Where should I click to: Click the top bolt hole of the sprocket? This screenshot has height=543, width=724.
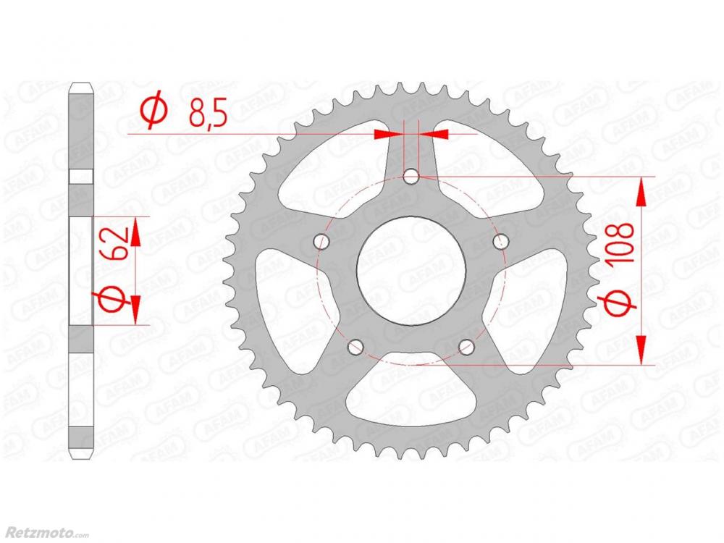pyautogui.click(x=411, y=177)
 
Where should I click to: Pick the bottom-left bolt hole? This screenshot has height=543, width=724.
pyautogui.click(x=355, y=347)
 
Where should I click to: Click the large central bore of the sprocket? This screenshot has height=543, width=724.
pyautogui.click(x=411, y=271)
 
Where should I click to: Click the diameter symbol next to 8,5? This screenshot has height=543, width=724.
pyautogui.click(x=153, y=111)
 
